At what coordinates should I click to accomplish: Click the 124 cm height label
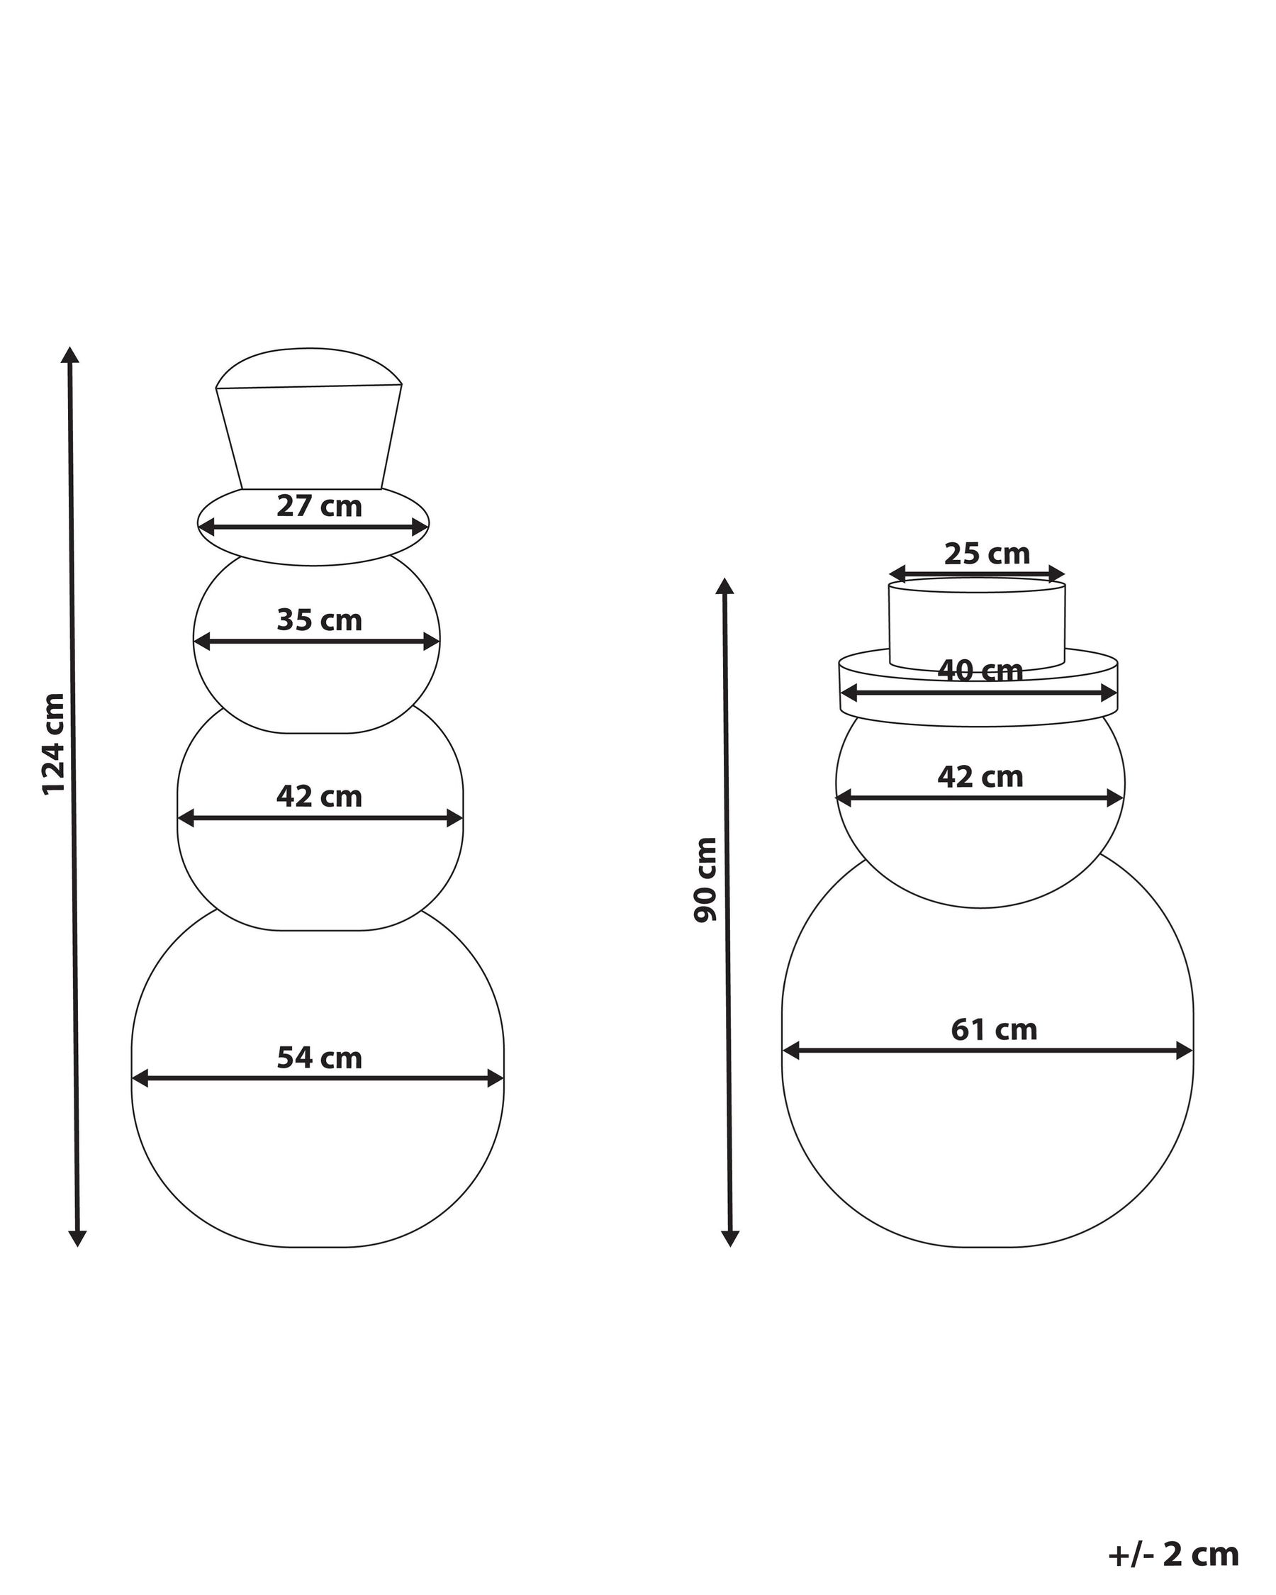pyautogui.click(x=53, y=744)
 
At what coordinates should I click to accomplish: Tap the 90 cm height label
pyautogui.click(x=705, y=880)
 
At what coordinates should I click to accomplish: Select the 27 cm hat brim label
pyautogui.click(x=320, y=507)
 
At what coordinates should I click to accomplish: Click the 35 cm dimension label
pyautogui.click(x=320, y=620)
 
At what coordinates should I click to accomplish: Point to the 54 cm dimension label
pyautogui.click(x=320, y=1058)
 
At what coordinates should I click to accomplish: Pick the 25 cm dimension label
pyautogui.click(x=987, y=554)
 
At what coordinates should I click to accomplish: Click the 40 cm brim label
pyautogui.click(x=980, y=671)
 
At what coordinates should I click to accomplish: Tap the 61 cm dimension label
pyautogui.click(x=994, y=1030)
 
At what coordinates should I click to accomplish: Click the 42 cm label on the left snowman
pyautogui.click(x=320, y=797)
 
